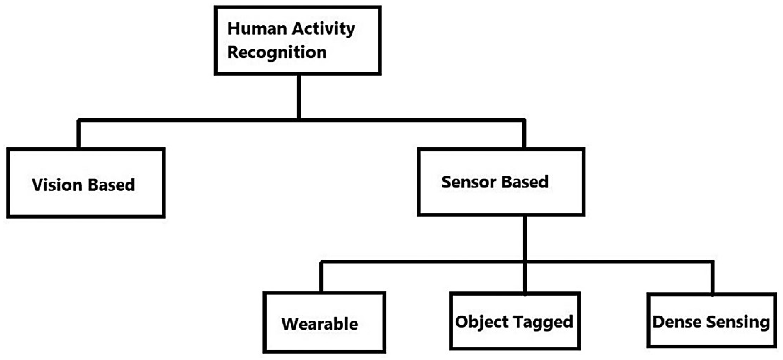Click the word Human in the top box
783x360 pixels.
point(257,29)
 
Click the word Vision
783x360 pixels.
point(57,185)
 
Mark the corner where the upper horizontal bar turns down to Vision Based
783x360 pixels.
point(79,121)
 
